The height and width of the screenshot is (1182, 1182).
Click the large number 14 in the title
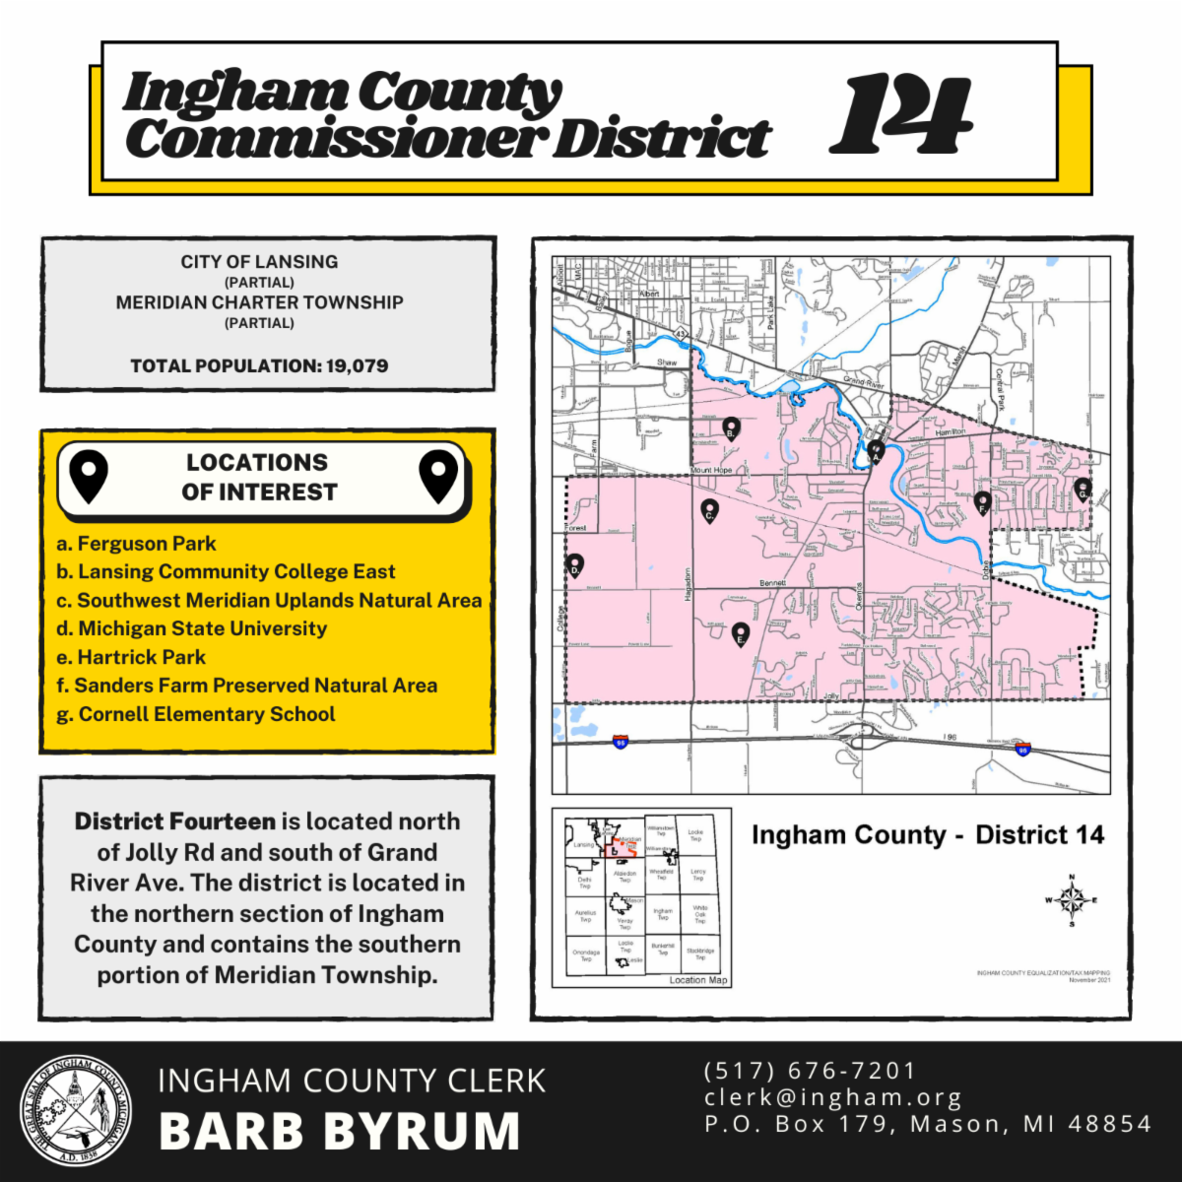900,116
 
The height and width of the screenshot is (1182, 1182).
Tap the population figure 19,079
358,365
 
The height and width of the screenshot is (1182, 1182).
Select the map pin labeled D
575,565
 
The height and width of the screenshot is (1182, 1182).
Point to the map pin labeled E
741,634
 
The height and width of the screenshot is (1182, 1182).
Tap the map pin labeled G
1083,489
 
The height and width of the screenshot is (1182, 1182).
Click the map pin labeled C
709,511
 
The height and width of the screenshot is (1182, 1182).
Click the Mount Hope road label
711,471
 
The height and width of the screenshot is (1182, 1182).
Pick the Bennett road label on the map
772,584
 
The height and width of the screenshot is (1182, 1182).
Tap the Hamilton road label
951,432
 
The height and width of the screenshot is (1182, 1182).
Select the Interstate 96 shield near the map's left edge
620,742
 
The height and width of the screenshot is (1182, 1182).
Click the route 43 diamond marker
681,333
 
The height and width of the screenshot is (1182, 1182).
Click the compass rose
1072,899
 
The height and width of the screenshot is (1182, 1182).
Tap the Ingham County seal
76,1112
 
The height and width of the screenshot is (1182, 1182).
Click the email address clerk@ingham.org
833,1097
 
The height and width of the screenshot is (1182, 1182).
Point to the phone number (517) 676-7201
810,1071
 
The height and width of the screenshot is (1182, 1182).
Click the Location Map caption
697,980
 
